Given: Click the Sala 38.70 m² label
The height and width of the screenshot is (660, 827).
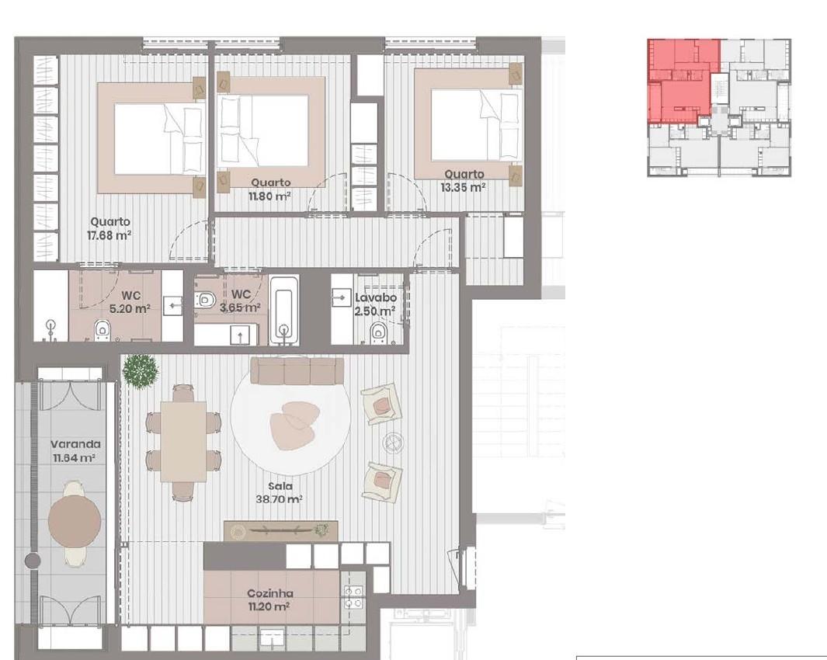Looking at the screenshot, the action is pos(279,493).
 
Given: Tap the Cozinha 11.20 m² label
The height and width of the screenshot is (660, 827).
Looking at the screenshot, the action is pos(269,600).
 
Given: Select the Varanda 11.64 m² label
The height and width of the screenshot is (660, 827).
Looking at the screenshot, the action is pos(75,451).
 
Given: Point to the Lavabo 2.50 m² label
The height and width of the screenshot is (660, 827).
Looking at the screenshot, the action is pos(375,304).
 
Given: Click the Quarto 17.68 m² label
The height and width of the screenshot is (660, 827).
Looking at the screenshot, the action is pos(109,228).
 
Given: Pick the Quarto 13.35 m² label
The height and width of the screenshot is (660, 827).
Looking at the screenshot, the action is pos(464,180).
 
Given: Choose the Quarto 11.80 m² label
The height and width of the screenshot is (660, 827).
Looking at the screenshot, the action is pos(270,189).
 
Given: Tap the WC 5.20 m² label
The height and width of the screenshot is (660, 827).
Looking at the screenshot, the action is pos(130,302).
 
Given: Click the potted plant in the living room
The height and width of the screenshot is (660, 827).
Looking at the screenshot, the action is pos(141,372).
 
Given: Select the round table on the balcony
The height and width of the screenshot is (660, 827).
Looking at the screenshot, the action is pos(75,521).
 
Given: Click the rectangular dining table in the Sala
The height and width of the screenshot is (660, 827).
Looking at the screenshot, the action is pos(183,442).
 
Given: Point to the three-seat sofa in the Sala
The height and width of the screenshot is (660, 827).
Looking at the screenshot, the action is pos(297,371).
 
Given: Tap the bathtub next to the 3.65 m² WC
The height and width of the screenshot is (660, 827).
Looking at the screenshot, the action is pos(284,309).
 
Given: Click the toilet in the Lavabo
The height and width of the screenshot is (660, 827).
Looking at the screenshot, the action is pos(378,333).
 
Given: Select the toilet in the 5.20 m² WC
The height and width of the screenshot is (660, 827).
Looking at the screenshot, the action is pos(102,332).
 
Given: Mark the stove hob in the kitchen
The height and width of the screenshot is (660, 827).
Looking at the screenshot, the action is pos(353,597).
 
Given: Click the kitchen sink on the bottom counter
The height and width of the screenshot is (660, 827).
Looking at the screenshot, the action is pos(272,637).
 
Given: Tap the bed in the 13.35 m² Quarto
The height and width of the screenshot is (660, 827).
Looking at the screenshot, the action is pos(468,125).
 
